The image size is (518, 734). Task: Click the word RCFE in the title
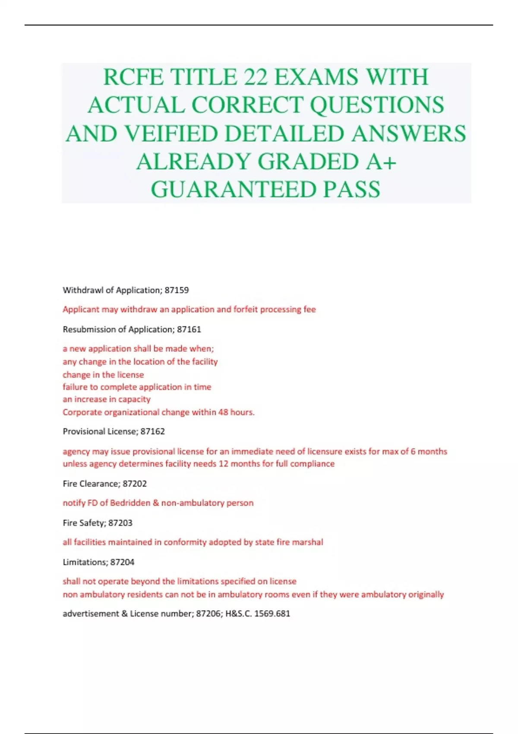point(133,77)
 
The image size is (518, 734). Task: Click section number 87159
point(177,290)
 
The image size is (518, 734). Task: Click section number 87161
point(189,329)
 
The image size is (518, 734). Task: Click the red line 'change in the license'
point(103,375)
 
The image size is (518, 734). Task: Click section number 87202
point(135,484)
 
